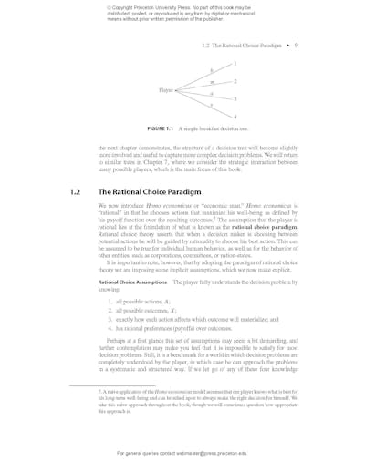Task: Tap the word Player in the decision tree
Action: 165,89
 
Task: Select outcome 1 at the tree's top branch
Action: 235,65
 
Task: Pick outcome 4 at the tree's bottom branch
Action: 235,117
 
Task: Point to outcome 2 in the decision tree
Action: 235,81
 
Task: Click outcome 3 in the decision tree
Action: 235,98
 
